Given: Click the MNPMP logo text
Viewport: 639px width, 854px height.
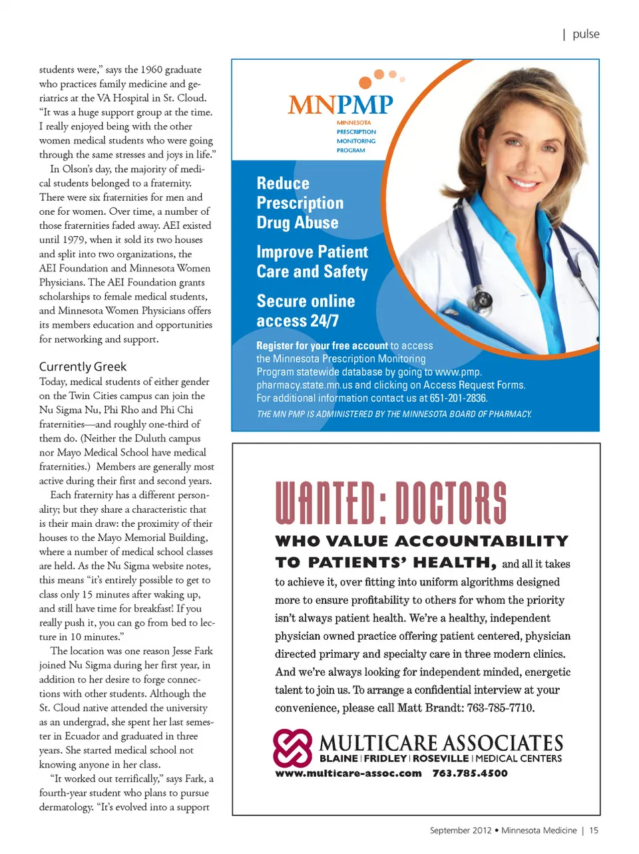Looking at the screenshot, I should [x=340, y=104].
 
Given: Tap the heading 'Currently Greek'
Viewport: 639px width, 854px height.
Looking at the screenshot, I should [x=83, y=366].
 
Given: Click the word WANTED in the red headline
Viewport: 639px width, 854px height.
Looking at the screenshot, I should [x=324, y=503].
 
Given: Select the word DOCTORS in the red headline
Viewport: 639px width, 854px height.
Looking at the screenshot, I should [x=451, y=503].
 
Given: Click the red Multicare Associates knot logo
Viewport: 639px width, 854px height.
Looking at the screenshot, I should [x=292, y=748].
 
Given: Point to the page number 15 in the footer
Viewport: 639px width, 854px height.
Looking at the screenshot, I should [x=594, y=830].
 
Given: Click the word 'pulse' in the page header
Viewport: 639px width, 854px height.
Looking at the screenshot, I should [x=586, y=34].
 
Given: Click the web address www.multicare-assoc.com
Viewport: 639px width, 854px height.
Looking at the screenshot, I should [x=348, y=774].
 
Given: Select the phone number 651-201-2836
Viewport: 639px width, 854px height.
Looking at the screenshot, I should [x=458, y=398].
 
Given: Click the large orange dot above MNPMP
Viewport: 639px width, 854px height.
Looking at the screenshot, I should [x=365, y=82].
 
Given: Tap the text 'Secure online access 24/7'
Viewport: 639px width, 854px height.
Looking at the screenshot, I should [x=306, y=311].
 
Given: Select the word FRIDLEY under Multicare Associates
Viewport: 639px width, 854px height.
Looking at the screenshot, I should [x=385, y=758].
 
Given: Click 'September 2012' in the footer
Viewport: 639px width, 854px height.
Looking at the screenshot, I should [x=461, y=830].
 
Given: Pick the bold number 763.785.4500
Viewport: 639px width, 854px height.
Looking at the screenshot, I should [x=470, y=774].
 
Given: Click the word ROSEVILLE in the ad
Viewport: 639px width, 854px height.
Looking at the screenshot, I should [x=441, y=758].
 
